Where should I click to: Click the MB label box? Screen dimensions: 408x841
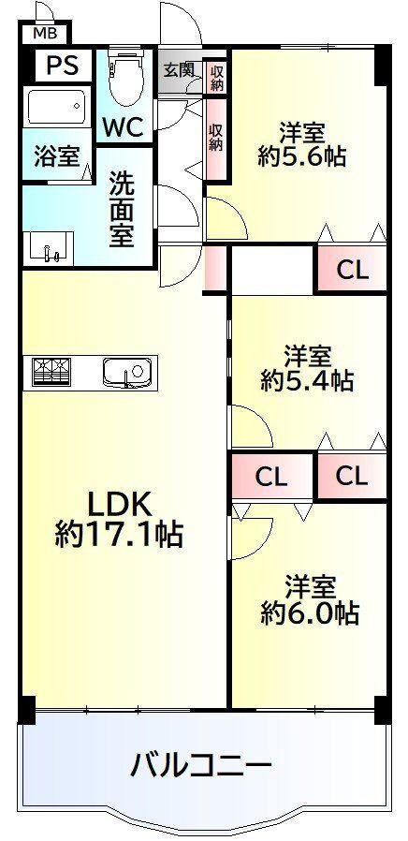[44, 34]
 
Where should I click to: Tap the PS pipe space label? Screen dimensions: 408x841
[62, 65]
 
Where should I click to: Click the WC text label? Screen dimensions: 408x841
[123, 127]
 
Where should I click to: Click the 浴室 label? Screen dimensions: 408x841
[57, 156]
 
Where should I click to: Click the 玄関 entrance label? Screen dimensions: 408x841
[180, 70]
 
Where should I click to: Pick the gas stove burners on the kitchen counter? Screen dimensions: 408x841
[51, 371]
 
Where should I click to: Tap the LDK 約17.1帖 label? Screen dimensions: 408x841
[119, 518]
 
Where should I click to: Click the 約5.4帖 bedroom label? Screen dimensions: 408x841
[307, 368]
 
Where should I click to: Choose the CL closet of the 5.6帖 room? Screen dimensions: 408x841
[352, 270]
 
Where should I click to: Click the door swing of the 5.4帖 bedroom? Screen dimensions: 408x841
[252, 426]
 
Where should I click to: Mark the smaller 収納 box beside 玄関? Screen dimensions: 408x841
[216, 79]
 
